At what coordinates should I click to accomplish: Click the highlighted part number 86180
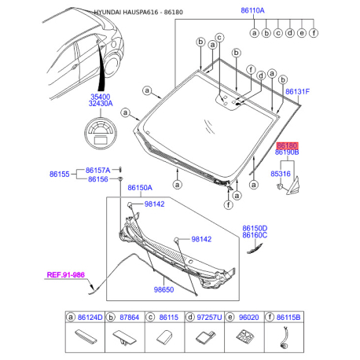point(287,145)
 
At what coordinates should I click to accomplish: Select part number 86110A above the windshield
point(252,10)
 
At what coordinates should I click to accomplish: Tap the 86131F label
point(297,92)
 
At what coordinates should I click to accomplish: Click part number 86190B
point(287,152)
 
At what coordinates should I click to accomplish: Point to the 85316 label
point(281,174)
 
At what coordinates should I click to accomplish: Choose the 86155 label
point(60,174)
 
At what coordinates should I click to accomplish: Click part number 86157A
point(97,171)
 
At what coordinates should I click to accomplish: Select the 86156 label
point(98,179)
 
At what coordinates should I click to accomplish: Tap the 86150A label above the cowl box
point(140,188)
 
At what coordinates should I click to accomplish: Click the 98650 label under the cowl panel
point(163,289)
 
